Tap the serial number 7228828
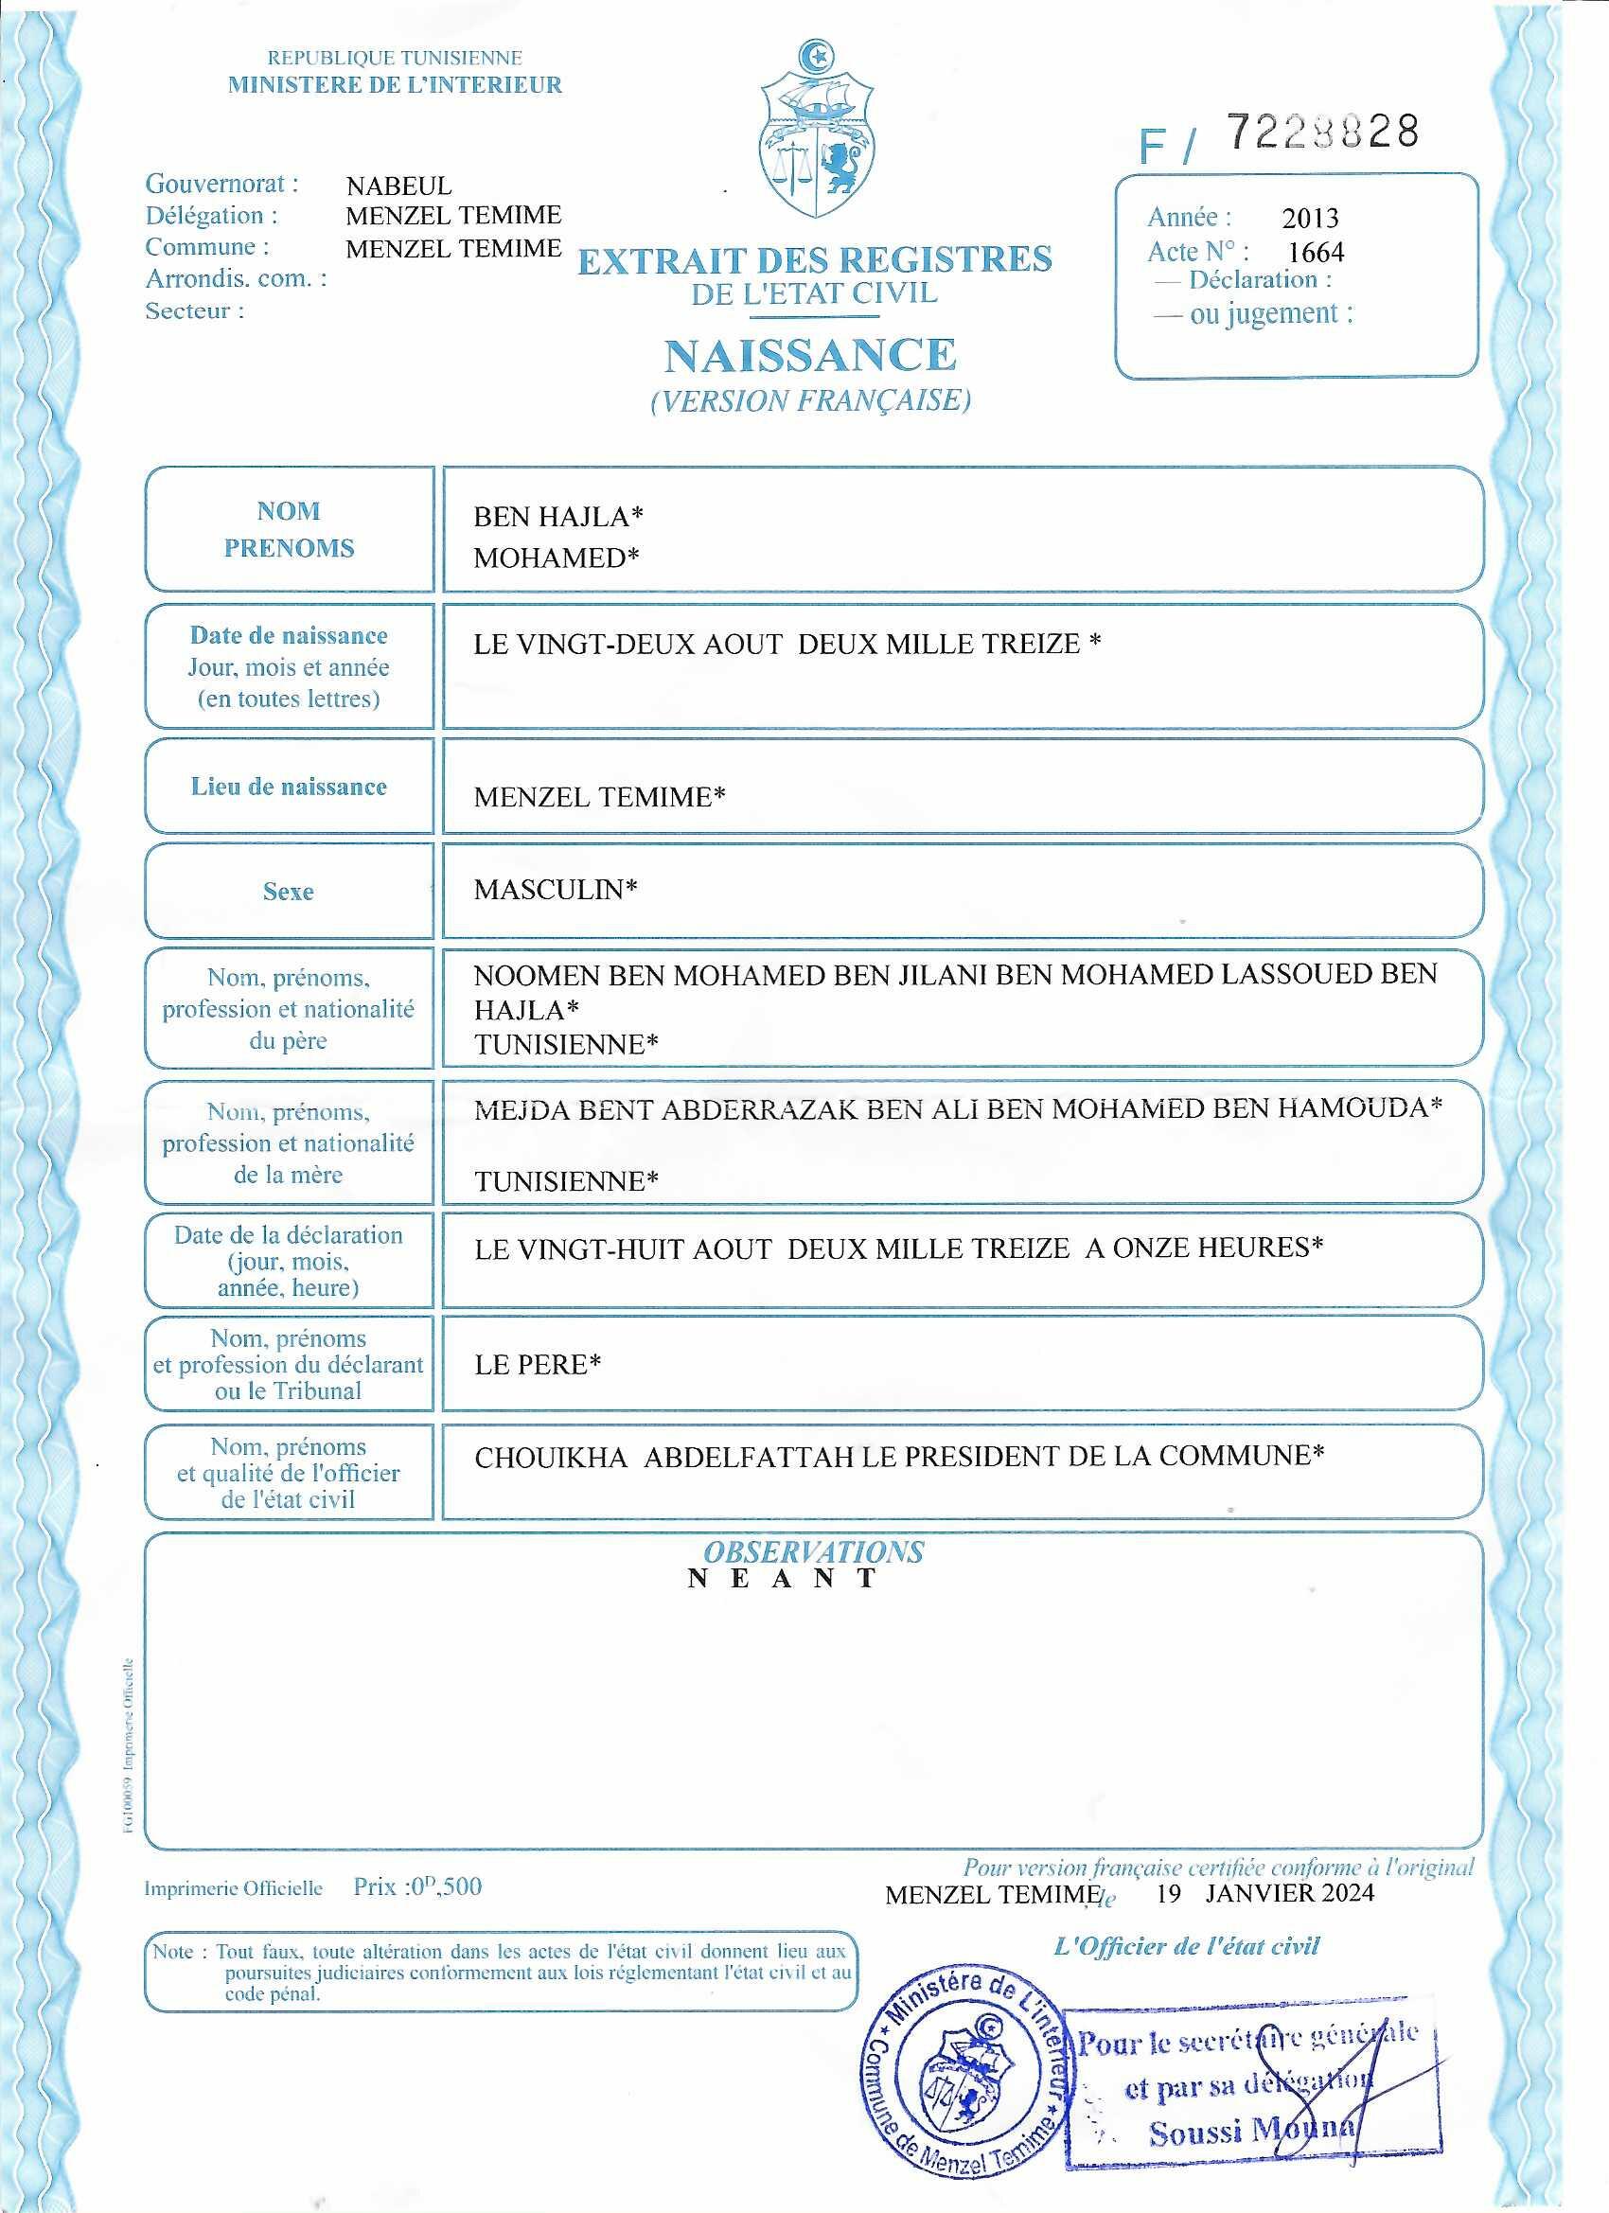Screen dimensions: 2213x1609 (x=1321, y=132)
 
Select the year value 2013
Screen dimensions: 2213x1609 (x=1310, y=219)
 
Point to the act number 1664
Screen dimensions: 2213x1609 (x=1316, y=253)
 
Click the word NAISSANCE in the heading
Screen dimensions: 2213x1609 (x=810, y=355)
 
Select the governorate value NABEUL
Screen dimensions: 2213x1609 (x=399, y=186)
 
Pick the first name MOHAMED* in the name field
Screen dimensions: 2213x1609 (x=557, y=558)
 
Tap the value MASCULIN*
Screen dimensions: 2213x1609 (x=556, y=890)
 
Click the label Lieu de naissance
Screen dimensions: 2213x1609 (x=289, y=788)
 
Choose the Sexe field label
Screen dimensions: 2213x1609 (x=289, y=892)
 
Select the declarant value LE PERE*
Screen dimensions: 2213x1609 (x=537, y=1365)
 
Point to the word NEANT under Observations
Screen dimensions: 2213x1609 (x=784, y=1580)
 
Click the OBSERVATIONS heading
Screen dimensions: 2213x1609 (x=813, y=1552)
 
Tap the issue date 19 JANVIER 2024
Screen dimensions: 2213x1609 (x=1264, y=1894)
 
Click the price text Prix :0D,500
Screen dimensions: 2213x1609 (x=417, y=1886)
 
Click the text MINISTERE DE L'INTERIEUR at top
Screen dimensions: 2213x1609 (x=396, y=85)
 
